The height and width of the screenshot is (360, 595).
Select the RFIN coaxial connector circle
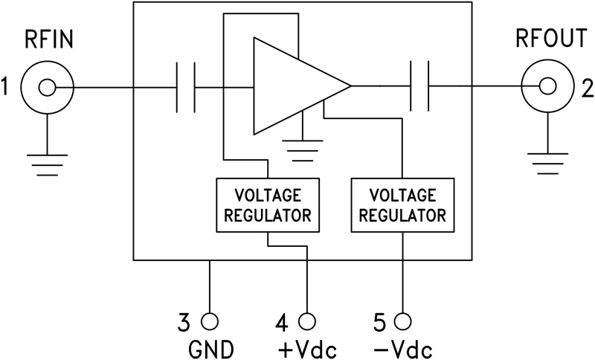point(47,89)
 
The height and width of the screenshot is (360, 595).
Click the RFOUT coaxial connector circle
point(548,89)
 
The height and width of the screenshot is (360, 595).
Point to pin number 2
point(588,89)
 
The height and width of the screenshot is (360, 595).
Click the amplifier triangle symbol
point(294,88)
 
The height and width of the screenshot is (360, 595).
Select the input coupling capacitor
point(185,88)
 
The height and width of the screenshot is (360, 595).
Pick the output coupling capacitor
point(419,88)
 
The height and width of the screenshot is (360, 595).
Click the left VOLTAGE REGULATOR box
point(268,206)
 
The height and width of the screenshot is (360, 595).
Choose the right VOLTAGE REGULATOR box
point(402,205)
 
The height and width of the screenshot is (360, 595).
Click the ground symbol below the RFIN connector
point(47,159)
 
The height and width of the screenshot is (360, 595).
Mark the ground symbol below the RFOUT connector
point(548,159)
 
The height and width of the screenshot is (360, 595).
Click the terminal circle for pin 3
point(210,321)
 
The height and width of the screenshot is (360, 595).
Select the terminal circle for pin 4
point(306,321)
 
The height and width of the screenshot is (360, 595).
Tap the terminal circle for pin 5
point(402,321)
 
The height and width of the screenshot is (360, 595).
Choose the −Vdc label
point(402,348)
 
